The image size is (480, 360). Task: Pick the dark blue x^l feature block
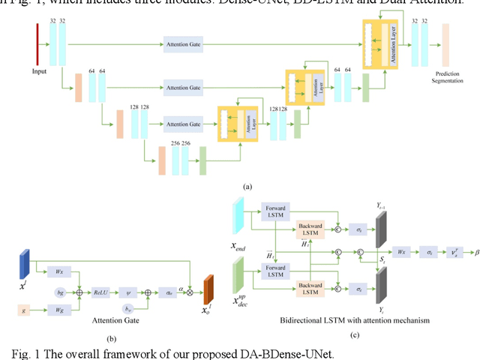[23, 267]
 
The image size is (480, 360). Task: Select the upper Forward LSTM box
[276, 211]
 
